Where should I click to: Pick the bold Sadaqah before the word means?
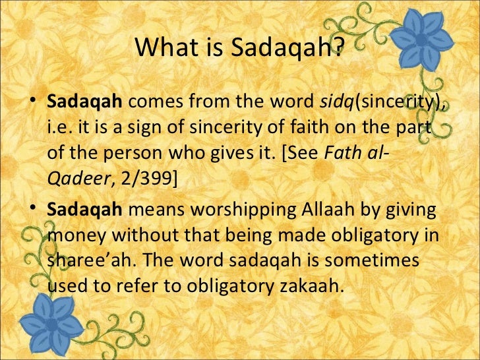point(84,211)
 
